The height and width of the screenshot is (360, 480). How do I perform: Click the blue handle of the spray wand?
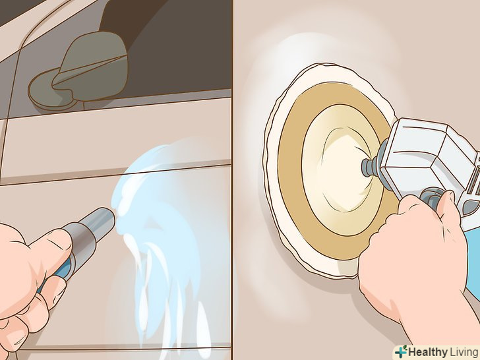pyautogui.click(x=61, y=270)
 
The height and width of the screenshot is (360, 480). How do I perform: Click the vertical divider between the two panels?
pyautogui.click(x=233, y=180)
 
